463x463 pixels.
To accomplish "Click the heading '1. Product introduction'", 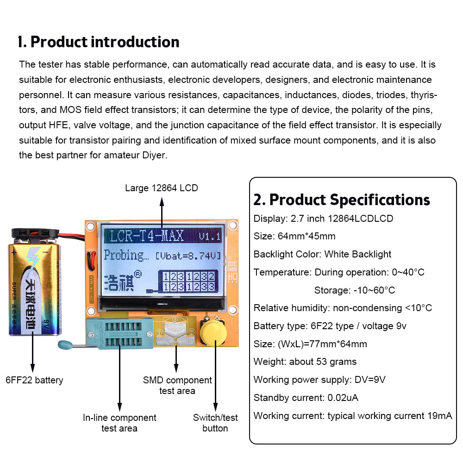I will (x=99, y=42).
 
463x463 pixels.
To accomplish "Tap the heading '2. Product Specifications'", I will (x=342, y=200).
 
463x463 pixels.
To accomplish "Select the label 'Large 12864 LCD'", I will (x=162, y=188).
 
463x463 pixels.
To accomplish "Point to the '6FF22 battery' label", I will (x=34, y=380).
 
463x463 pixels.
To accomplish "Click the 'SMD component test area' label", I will (x=177, y=385).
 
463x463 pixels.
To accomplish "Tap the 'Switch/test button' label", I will (x=215, y=423).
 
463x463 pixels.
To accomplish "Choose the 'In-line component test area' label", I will (x=119, y=423).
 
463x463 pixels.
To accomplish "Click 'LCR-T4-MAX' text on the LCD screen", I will (x=147, y=236).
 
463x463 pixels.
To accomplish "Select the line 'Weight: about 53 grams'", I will (x=305, y=362).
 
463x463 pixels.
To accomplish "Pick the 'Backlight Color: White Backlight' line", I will (x=322, y=254).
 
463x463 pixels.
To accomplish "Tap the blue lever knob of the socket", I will (x=63, y=344).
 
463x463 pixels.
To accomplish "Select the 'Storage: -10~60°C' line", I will (x=354, y=290).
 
